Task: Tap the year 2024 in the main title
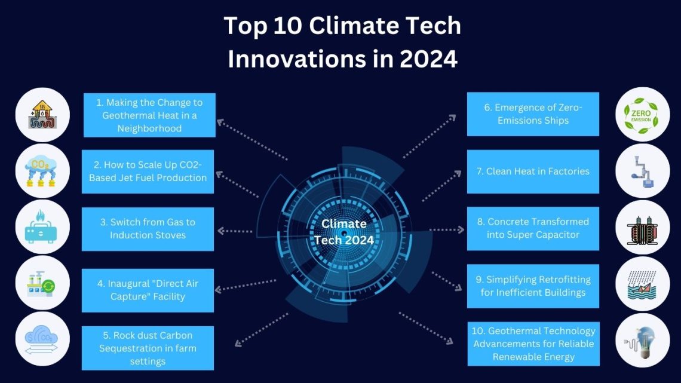tap(429, 59)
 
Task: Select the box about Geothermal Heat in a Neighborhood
tap(149, 115)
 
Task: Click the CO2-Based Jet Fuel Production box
tap(148, 171)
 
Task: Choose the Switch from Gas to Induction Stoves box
tap(148, 229)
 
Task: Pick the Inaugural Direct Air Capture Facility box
tap(148, 290)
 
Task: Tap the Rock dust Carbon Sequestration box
tap(148, 348)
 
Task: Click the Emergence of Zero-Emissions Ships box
tap(533, 114)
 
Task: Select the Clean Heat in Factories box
tap(533, 171)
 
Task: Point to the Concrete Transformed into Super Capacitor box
tap(533, 228)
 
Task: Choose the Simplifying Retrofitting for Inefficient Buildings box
tap(533, 286)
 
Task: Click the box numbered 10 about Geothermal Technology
tap(533, 344)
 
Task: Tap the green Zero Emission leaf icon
tap(641, 115)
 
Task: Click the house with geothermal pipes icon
tap(42, 115)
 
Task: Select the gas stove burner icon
tap(41, 227)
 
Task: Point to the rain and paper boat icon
tap(642, 285)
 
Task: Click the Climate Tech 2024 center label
tap(344, 232)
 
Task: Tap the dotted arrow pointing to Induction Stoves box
tap(235, 231)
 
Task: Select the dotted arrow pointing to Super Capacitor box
tap(447, 229)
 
